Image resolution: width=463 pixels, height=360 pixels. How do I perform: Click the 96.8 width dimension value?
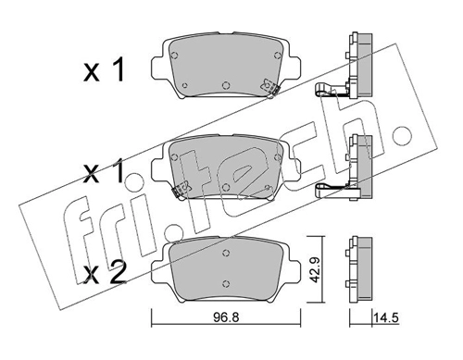click(x=227, y=317)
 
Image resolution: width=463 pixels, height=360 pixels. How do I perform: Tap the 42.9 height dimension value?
click(x=314, y=269)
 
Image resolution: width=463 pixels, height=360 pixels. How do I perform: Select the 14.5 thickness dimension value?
click(x=386, y=317)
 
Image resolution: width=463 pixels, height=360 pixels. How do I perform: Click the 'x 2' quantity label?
click(x=106, y=272)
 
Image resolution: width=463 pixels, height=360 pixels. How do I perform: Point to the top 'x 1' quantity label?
click(x=104, y=70)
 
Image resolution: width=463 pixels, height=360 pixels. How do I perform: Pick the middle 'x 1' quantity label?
click(x=104, y=172)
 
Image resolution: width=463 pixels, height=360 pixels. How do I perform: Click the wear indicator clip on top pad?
click(x=270, y=87)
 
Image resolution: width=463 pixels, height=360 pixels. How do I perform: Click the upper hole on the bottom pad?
click(x=227, y=253)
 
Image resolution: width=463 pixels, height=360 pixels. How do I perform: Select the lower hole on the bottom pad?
click(x=227, y=283)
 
